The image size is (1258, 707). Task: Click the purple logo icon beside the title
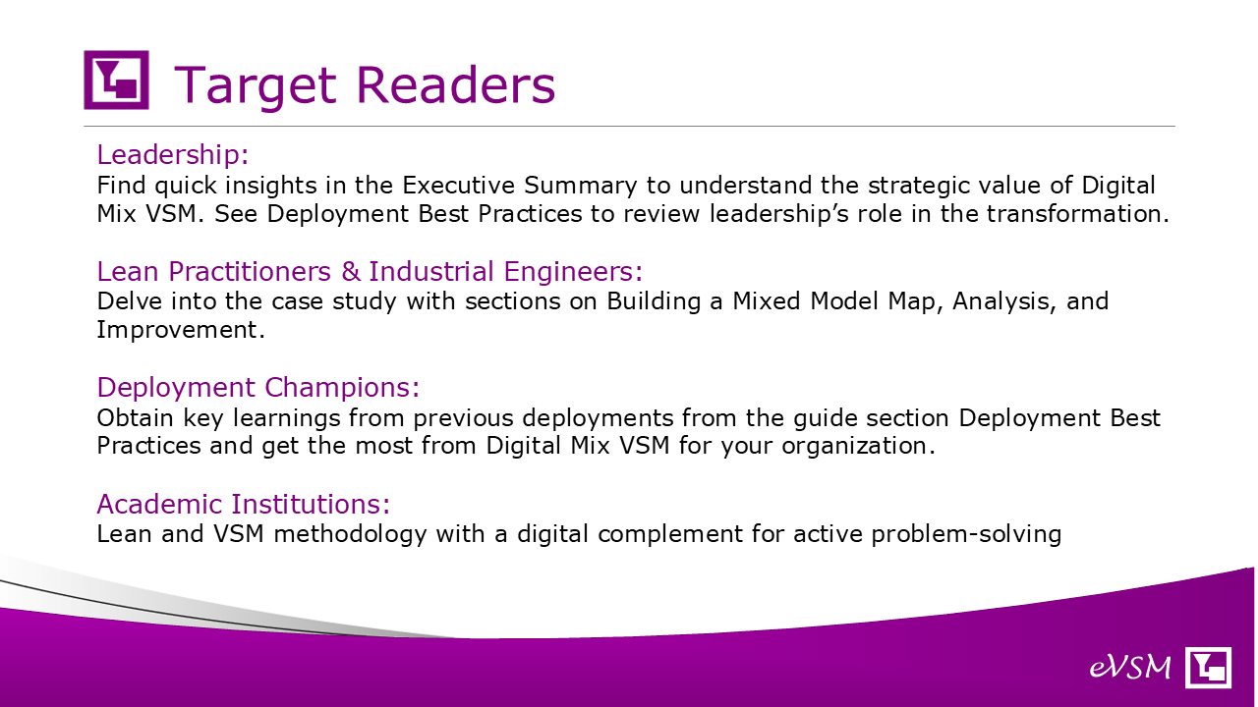pos(116,80)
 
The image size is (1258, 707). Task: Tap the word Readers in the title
pos(455,84)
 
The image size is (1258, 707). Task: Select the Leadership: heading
pos(172,154)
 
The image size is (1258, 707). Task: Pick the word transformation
pos(1078,214)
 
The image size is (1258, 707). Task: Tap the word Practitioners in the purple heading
pos(250,272)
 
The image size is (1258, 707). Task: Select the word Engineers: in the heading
pos(573,272)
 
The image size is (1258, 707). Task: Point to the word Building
pos(654,301)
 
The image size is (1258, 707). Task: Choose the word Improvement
pos(180,330)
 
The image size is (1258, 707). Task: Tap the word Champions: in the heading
pos(342,388)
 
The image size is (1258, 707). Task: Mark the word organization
pos(858,447)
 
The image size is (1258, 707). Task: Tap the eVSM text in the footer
pos(1130,668)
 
